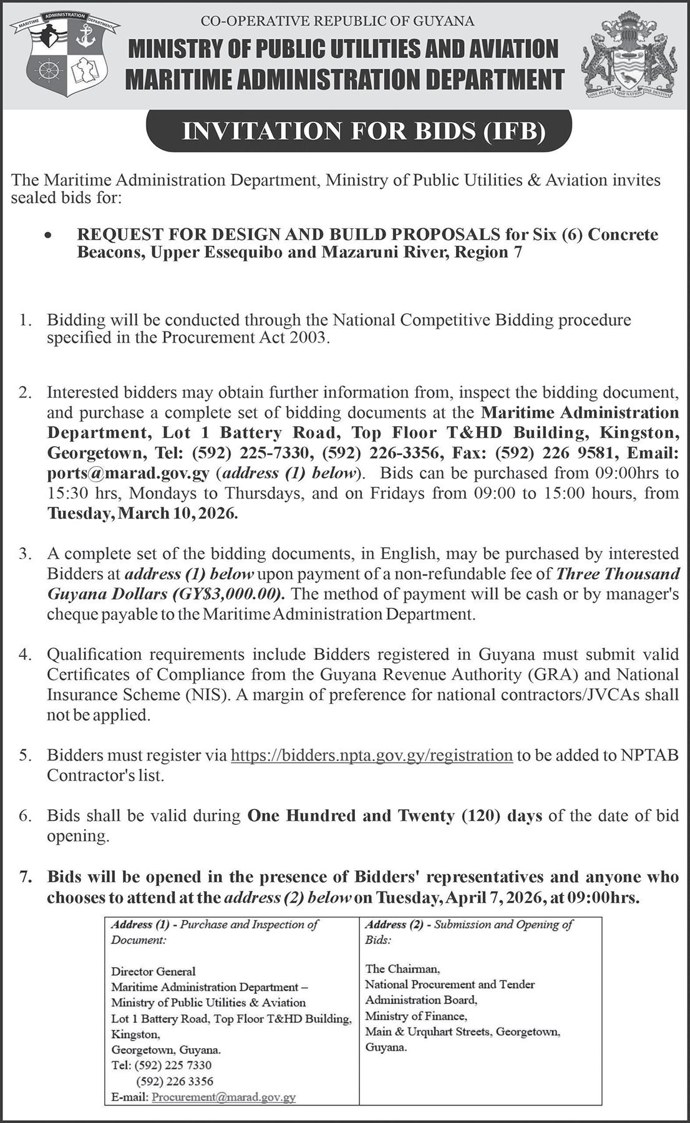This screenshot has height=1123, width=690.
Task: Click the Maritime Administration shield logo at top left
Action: [66, 55]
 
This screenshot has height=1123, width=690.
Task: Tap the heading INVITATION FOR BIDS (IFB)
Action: [359, 132]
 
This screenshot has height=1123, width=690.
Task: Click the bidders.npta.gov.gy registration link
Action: [372, 756]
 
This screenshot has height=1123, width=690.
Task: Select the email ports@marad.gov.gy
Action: [129, 473]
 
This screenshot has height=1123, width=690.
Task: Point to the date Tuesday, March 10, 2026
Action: [143, 513]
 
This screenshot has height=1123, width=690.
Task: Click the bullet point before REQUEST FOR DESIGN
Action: [47, 236]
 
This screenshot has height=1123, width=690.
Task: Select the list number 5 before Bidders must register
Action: [26, 756]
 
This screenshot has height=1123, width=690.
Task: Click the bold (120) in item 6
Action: [480, 816]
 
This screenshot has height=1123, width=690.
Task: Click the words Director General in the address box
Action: [153, 971]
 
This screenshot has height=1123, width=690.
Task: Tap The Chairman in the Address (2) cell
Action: [402, 969]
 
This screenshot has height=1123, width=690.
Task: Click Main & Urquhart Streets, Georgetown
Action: [462, 1032]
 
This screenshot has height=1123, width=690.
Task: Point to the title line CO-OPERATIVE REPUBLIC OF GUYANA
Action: [338, 22]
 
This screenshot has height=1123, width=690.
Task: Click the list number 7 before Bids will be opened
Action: [26, 877]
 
